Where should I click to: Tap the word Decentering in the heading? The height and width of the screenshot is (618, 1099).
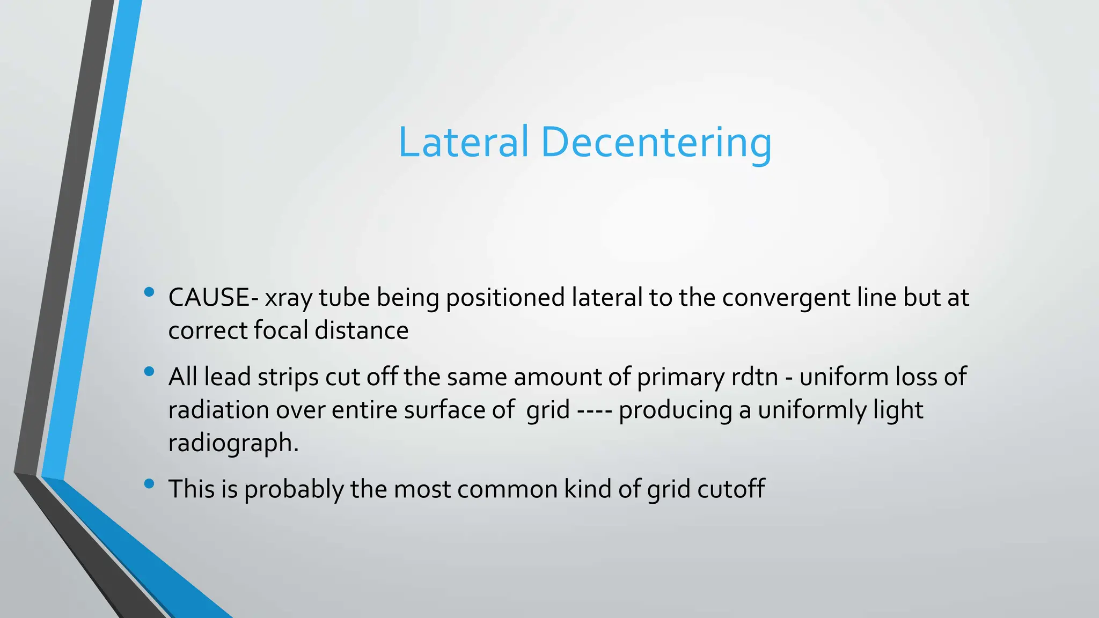[x=656, y=143]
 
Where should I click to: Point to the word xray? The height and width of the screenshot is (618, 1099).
[x=288, y=298]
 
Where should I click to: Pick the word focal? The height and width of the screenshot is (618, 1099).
[x=281, y=330]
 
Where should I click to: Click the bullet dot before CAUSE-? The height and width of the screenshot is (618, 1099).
[x=149, y=292]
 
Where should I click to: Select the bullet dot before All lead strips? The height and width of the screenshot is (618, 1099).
[x=149, y=371]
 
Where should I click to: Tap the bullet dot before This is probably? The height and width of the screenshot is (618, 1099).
[x=149, y=484]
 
